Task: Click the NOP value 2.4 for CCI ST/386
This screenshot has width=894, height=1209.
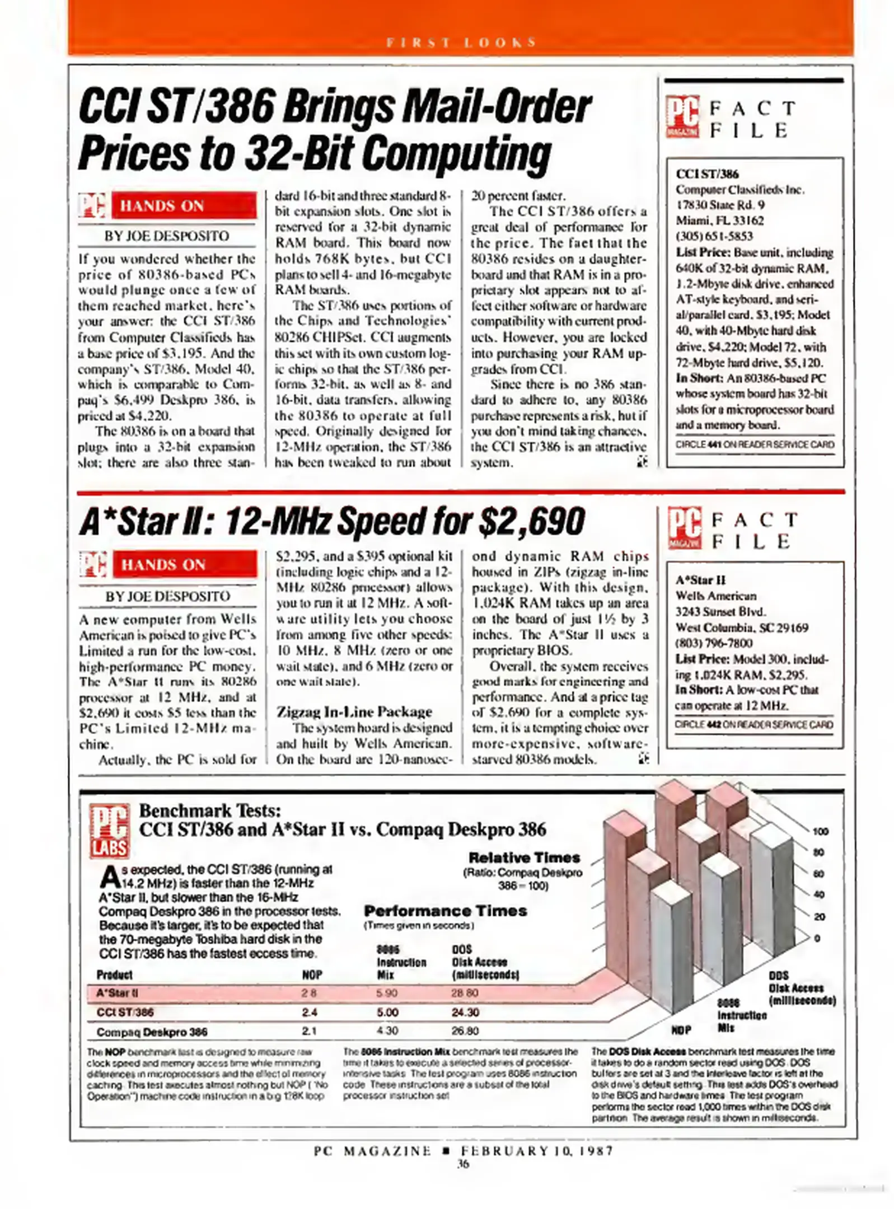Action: [x=310, y=1012]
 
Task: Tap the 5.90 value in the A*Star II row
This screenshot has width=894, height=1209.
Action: [x=387, y=993]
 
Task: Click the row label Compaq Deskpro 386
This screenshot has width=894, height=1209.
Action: [x=152, y=1032]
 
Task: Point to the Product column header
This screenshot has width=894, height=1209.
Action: [x=114, y=974]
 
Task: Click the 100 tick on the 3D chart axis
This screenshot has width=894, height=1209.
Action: [x=820, y=832]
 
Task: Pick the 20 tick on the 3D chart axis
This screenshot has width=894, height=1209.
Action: [x=819, y=917]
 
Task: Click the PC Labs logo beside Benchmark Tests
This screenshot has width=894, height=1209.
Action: [x=110, y=831]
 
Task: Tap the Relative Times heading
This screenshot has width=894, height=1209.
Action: [x=525, y=857]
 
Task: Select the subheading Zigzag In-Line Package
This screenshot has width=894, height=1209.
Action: [x=354, y=711]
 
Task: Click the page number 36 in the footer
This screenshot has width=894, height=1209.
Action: [x=462, y=1164]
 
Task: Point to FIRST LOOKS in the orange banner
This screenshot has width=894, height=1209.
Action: [x=461, y=43]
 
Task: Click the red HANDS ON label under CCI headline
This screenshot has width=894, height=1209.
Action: [x=184, y=206]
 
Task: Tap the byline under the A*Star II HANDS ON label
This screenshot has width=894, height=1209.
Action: [x=167, y=596]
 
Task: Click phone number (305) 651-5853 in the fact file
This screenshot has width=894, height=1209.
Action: [x=714, y=236]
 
